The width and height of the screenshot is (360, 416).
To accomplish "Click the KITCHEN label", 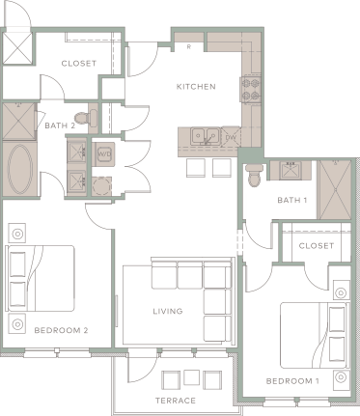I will pyautogui.click(x=195, y=87).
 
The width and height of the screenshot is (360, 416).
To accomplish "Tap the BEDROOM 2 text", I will pyautogui.click(x=61, y=330).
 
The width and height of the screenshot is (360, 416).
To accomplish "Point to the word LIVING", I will pyautogui.click(x=168, y=312).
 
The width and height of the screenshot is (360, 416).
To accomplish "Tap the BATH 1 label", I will pyautogui.click(x=291, y=201).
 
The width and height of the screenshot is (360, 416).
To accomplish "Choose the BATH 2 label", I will pyautogui.click(x=60, y=125).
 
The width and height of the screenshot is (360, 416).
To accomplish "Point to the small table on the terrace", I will pyautogui.click(x=176, y=377).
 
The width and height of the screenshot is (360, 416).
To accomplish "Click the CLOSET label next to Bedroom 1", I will pyautogui.click(x=316, y=246).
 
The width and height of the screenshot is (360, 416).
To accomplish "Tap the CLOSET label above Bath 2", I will pyautogui.click(x=78, y=64).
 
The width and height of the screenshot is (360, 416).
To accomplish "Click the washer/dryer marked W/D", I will pyautogui.click(x=103, y=153).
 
